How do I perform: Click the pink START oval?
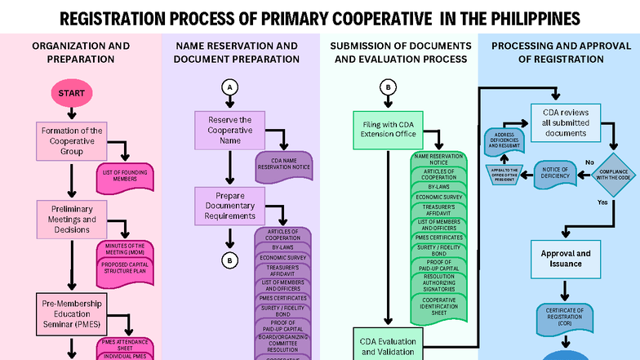coord(72,94)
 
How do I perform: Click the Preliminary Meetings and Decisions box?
coord(72,219)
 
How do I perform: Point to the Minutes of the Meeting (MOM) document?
coord(126,249)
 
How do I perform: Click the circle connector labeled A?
coord(230,87)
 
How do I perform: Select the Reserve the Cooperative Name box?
coord(229,130)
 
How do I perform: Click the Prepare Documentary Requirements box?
coord(229,207)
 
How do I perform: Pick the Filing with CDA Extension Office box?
coord(389,129)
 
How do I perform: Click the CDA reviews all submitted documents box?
coord(564,121)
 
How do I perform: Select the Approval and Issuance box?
coord(564,259)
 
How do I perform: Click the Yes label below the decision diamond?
coord(602,202)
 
